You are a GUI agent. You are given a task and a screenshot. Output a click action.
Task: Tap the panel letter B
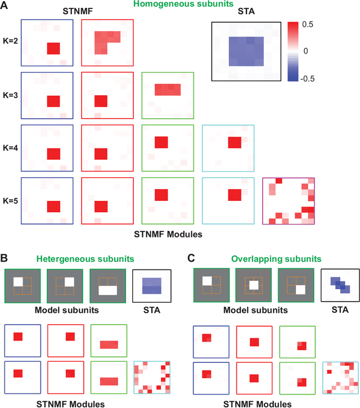click(6, 259)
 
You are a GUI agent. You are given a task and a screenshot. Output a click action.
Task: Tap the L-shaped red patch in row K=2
click(105, 41)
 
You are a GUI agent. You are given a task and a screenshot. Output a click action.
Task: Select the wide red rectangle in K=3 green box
click(168, 88)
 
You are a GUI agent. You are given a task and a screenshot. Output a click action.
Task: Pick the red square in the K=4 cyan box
click(235, 143)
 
